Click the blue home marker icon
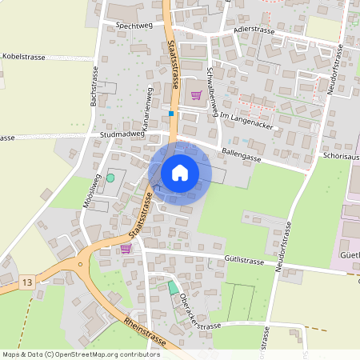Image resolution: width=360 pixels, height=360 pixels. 180,172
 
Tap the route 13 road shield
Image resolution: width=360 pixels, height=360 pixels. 28,282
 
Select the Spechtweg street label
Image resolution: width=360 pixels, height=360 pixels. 134,26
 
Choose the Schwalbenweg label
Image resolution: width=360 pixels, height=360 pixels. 214,90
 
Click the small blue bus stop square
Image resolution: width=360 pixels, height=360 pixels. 171,114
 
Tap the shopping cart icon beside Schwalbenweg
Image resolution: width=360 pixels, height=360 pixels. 196,95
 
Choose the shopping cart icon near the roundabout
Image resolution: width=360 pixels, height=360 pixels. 125,249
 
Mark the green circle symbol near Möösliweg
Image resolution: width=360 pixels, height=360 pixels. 110,177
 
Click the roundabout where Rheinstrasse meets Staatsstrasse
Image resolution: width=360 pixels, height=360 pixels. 80,265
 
